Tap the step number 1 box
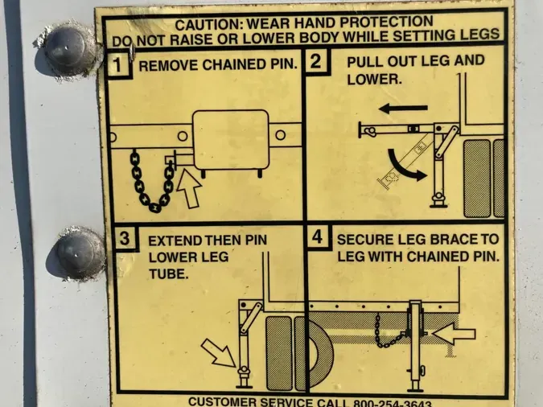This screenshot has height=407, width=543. click(x=118, y=64)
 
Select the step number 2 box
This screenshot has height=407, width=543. click(x=317, y=62)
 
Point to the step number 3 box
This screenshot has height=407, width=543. click(x=125, y=238)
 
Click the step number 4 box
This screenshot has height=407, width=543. click(x=318, y=237)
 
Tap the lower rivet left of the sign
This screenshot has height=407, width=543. click(x=80, y=253)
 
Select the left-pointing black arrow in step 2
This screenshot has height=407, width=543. click(x=403, y=109)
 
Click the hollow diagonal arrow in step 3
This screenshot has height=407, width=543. click(x=219, y=352)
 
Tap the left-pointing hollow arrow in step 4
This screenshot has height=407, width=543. click(x=454, y=335)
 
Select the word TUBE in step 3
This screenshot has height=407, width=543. click(x=169, y=274)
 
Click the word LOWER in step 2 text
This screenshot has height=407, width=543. click(x=374, y=80)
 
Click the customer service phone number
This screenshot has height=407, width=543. click(x=392, y=404)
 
